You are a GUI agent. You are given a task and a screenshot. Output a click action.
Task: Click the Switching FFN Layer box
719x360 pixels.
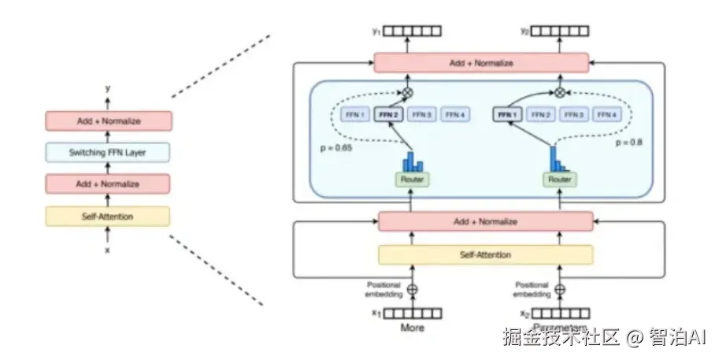(x=108, y=152)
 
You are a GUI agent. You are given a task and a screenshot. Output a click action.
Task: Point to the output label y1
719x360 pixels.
(x=376, y=32)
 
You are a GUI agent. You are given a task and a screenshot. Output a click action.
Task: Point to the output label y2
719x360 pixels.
(x=524, y=32)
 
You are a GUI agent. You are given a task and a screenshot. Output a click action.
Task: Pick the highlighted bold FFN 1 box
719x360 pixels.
(x=507, y=115)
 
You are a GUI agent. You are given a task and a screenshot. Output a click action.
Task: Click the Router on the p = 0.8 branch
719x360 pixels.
(x=559, y=180)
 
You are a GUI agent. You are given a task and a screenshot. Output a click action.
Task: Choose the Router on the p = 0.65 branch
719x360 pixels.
(x=412, y=180)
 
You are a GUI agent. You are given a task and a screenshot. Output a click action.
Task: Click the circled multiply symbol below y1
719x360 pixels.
(x=408, y=92)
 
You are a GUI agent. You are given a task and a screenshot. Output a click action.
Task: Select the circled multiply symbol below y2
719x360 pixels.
(x=560, y=92)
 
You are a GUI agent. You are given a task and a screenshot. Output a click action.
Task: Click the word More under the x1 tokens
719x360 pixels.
(x=412, y=328)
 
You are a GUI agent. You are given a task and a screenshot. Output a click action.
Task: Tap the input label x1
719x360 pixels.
(x=376, y=314)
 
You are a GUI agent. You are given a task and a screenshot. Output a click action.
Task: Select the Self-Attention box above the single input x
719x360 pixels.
(x=108, y=216)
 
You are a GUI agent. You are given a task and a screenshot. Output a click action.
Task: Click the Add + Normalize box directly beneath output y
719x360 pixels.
(x=108, y=121)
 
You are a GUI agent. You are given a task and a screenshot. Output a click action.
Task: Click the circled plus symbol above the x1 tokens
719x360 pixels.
(x=412, y=289)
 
